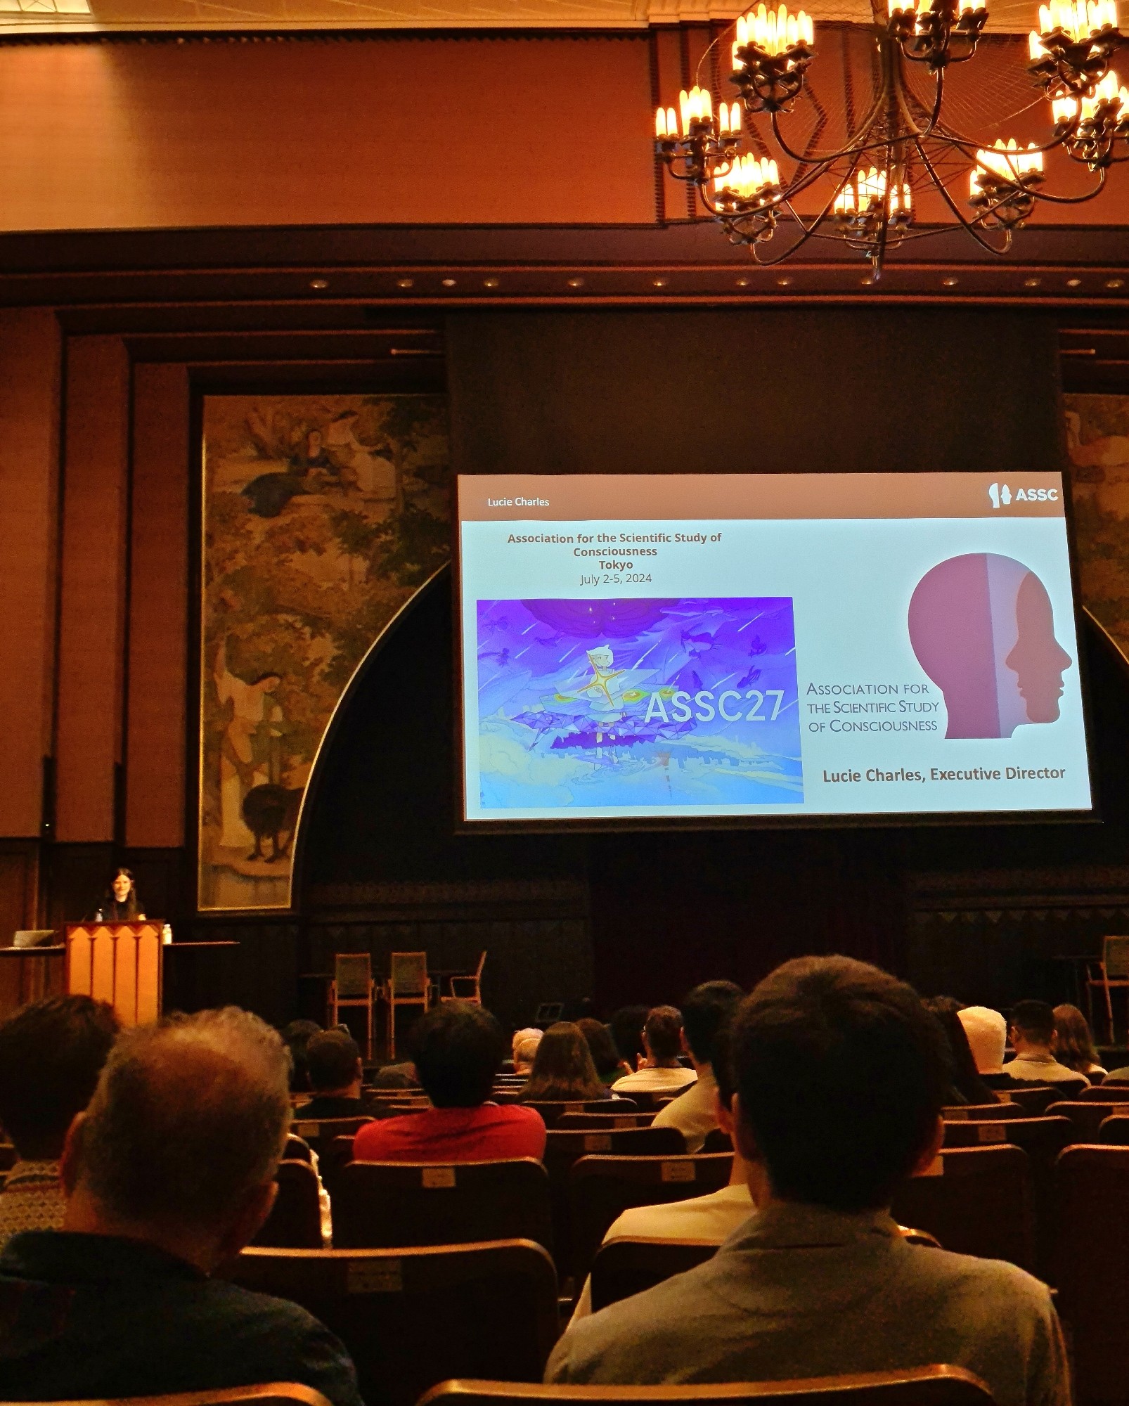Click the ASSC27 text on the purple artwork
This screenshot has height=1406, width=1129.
click(714, 707)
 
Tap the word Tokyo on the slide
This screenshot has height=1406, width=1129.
click(616, 565)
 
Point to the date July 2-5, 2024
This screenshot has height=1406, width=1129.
click(616, 579)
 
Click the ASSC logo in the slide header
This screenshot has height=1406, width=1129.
click(1023, 494)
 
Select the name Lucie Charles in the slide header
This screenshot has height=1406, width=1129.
click(518, 502)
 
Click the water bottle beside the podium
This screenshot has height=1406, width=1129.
click(167, 934)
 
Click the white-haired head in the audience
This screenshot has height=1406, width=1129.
click(983, 1031)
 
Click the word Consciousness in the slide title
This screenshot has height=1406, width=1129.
click(615, 552)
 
